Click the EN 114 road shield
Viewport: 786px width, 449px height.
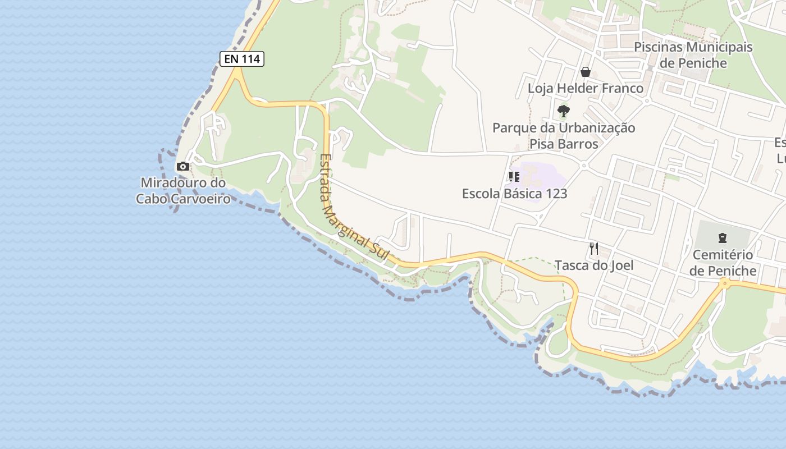click(241, 58)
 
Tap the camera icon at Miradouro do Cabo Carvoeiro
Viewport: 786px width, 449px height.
click(182, 166)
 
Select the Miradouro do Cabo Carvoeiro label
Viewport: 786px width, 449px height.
click(183, 191)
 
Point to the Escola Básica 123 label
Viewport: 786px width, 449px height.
click(514, 194)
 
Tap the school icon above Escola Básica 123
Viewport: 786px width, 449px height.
click(514, 177)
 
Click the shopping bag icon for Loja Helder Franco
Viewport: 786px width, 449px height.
click(586, 72)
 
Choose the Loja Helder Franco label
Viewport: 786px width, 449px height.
click(586, 88)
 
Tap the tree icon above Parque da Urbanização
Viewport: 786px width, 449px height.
click(564, 111)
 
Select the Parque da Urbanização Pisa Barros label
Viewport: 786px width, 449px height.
click(564, 136)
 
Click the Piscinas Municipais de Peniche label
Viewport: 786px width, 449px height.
click(693, 54)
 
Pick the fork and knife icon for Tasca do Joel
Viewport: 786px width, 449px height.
click(594, 248)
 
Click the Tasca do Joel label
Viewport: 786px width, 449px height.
click(594, 265)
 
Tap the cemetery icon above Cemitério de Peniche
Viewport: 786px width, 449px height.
click(723, 238)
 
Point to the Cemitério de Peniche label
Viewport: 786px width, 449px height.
click(723, 263)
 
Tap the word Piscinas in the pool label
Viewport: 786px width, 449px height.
click(658, 47)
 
